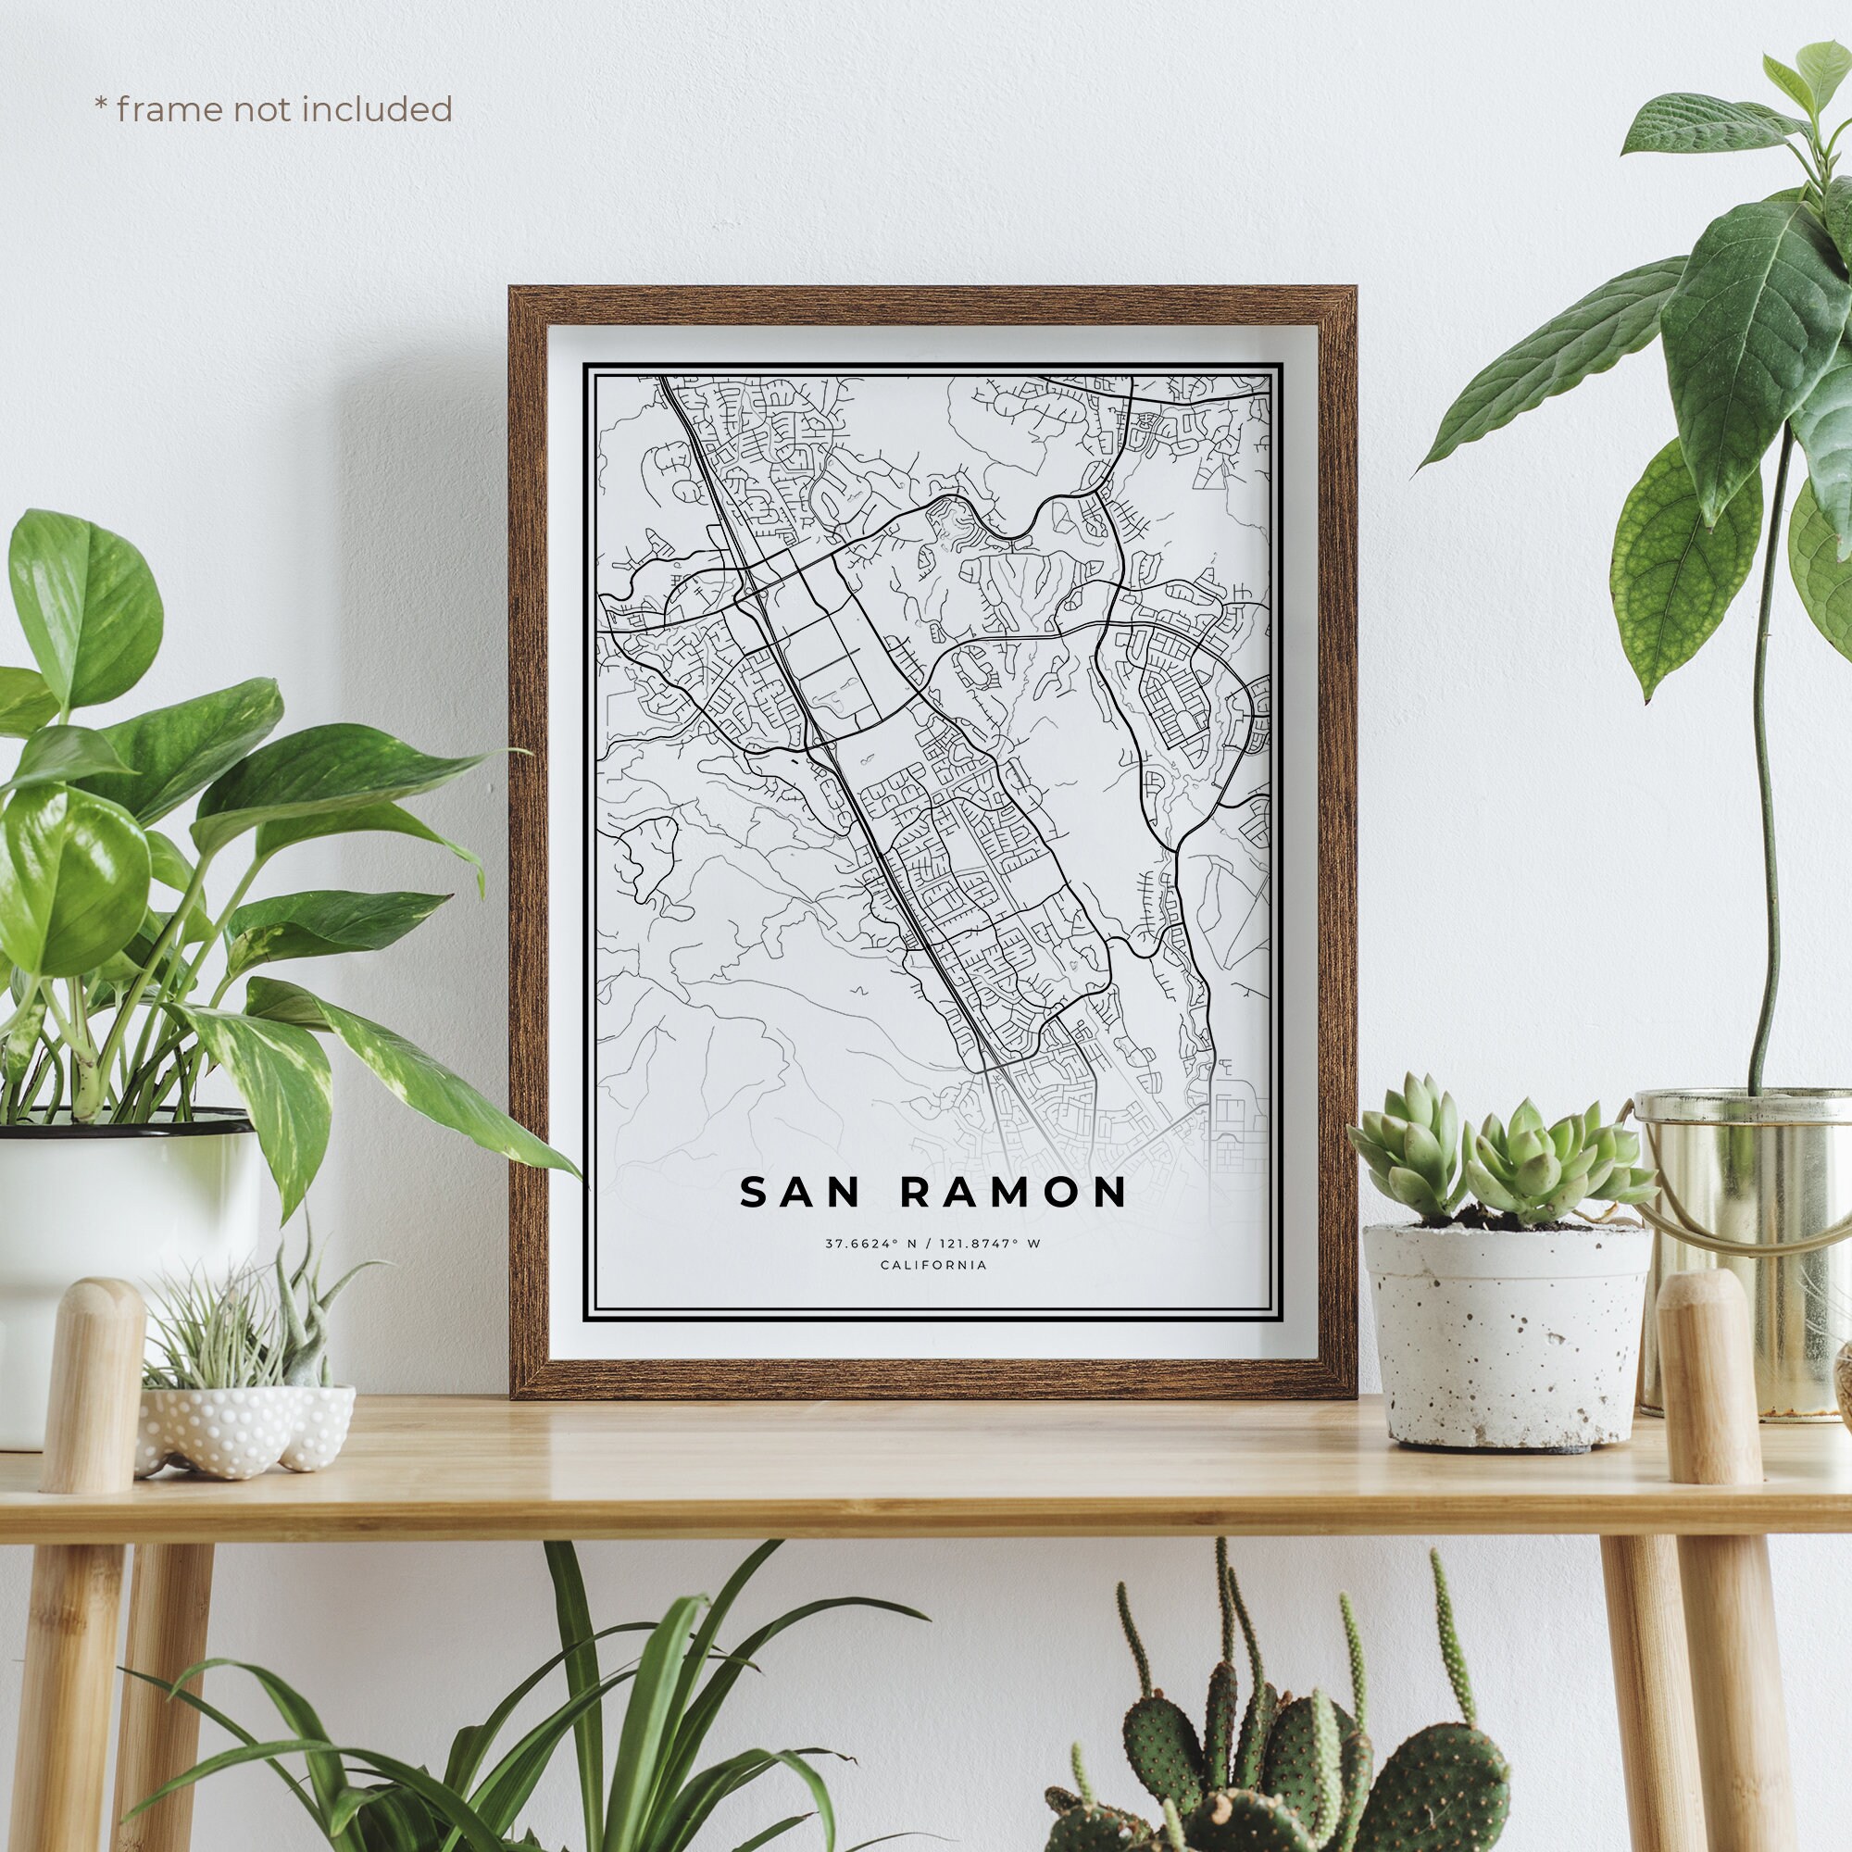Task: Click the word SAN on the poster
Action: point(806,1193)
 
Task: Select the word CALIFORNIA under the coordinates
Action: point(932,1265)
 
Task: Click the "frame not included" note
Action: point(273,109)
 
